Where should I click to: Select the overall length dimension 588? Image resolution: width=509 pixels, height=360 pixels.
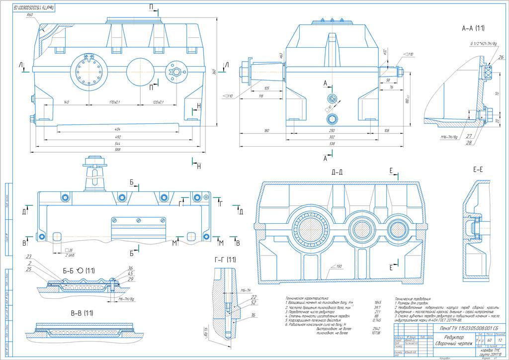(118, 149)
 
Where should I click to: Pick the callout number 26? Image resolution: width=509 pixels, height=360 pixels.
(501, 57)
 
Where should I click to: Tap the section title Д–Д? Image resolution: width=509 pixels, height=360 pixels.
(339, 173)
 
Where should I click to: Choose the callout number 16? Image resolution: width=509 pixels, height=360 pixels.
(253, 315)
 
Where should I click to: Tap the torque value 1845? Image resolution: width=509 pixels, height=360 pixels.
(376, 302)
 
